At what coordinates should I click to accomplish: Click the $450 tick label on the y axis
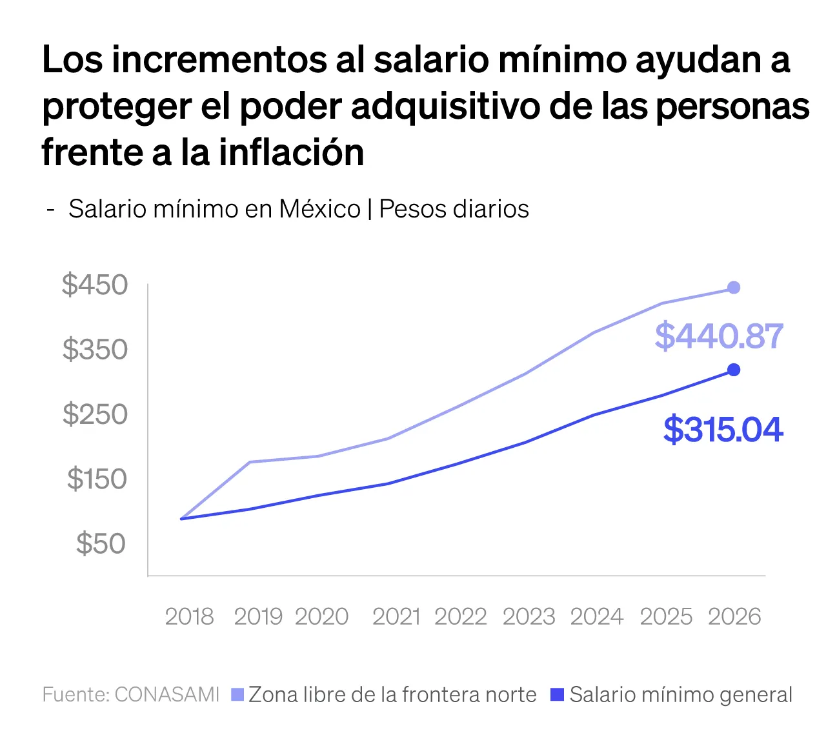pyautogui.click(x=95, y=285)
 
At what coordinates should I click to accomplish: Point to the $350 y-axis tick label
pyautogui.click(x=95, y=349)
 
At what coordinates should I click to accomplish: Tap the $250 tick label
pyautogui.click(x=95, y=414)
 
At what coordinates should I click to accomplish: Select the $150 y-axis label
pyautogui.click(x=97, y=479)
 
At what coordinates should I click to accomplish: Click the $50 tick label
pyautogui.click(x=101, y=543)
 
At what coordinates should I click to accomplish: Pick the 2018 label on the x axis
pyautogui.click(x=189, y=617)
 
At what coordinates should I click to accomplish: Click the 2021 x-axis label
pyautogui.click(x=396, y=617)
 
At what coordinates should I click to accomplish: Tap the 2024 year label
pyautogui.click(x=597, y=617)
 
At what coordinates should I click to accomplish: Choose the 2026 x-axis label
pyautogui.click(x=734, y=617)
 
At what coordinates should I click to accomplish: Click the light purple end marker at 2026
pyautogui.click(x=734, y=288)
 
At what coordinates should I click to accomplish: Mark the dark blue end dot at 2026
pyautogui.click(x=734, y=370)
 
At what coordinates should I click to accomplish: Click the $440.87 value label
pyautogui.click(x=719, y=336)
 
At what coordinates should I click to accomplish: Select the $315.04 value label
pyautogui.click(x=723, y=430)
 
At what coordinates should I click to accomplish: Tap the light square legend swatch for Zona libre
pyautogui.click(x=237, y=694)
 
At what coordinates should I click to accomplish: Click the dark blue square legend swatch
pyautogui.click(x=557, y=694)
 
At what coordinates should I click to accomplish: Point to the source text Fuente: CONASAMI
pyautogui.click(x=131, y=694)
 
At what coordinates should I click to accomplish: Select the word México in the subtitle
pyautogui.click(x=319, y=209)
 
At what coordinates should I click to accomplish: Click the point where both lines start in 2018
pyautogui.click(x=182, y=519)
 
